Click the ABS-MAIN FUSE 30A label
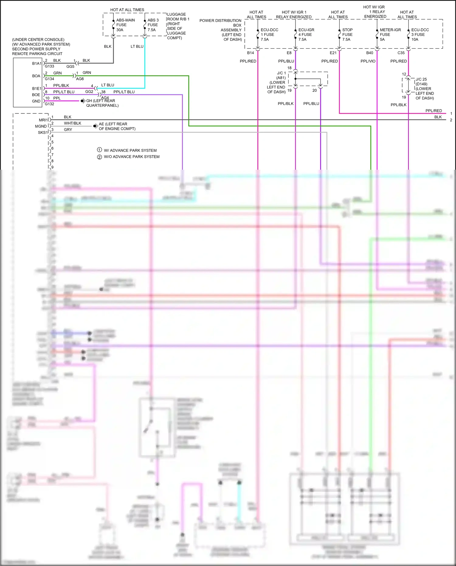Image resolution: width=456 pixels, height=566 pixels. pyautogui.click(x=125, y=25)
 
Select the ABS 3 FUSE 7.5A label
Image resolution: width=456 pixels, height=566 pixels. pyautogui.click(x=153, y=25)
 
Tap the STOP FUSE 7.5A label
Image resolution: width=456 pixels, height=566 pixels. pyautogui.click(x=347, y=35)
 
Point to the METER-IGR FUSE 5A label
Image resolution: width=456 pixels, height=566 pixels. pyautogui.click(x=390, y=35)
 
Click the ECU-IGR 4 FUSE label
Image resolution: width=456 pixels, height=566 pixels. pyautogui.click(x=306, y=35)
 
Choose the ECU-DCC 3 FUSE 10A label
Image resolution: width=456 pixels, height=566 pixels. pyautogui.click(x=420, y=35)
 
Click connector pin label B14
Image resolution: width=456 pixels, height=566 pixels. pyautogui.click(x=250, y=53)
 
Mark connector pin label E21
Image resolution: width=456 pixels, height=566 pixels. pyautogui.click(x=333, y=53)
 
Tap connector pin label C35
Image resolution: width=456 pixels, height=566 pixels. pyautogui.click(x=401, y=53)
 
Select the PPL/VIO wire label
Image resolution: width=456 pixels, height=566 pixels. pyautogui.click(x=368, y=61)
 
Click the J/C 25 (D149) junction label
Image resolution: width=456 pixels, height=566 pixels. pyautogui.click(x=424, y=89)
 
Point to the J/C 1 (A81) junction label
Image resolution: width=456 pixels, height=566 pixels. pyautogui.click(x=277, y=82)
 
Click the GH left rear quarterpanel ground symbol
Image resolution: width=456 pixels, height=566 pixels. pyautogui.click(x=83, y=101)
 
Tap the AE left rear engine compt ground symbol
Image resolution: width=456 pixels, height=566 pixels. pyautogui.click(x=95, y=126)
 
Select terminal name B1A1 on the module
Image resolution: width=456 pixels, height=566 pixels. pyautogui.click(x=36, y=64)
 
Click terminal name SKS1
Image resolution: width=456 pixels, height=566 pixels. pyautogui.click(x=43, y=133)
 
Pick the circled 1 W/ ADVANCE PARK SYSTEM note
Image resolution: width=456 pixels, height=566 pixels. pyautogui.click(x=127, y=150)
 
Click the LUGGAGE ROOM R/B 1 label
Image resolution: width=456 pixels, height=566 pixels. pyautogui.click(x=178, y=26)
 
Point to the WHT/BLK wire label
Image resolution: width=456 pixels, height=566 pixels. pyautogui.click(x=72, y=123)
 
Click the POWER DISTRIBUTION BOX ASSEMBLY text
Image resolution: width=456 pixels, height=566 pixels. pyautogui.click(x=221, y=30)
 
